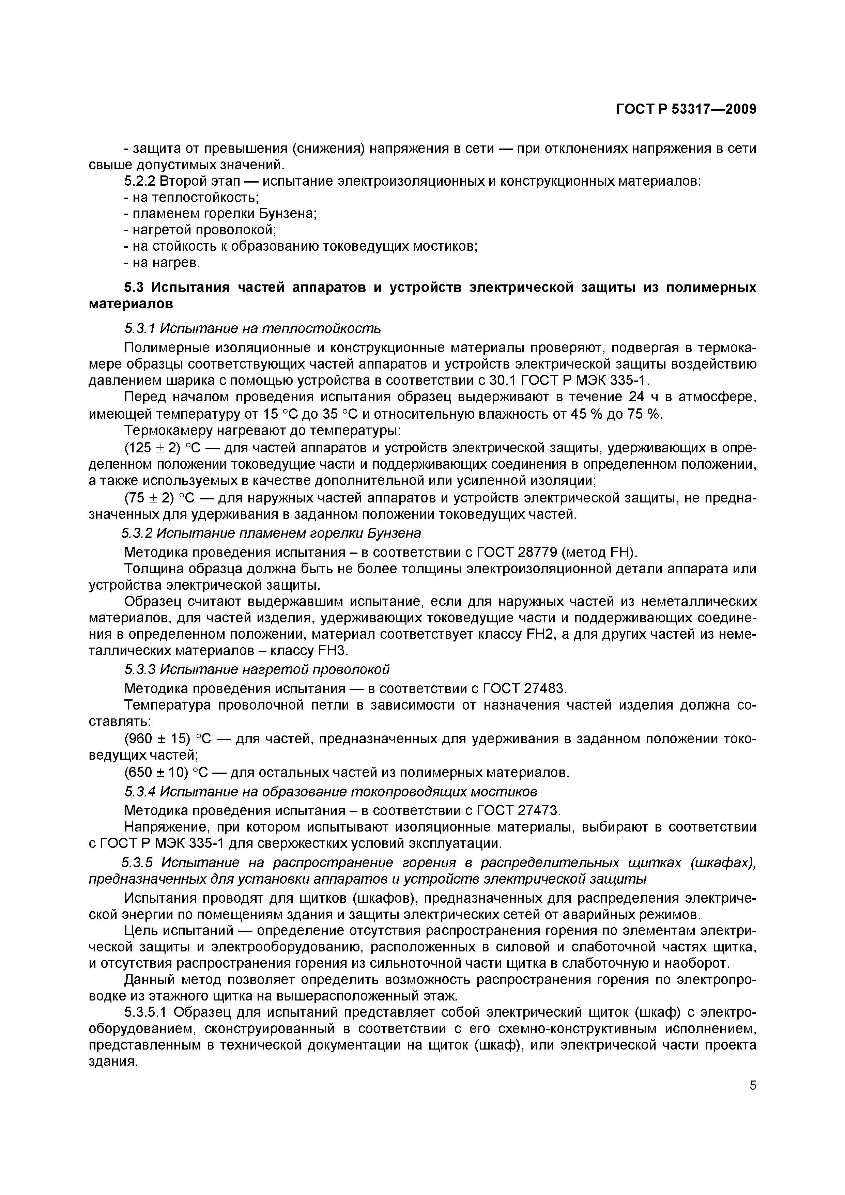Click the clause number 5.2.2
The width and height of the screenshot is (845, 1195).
(x=140, y=181)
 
